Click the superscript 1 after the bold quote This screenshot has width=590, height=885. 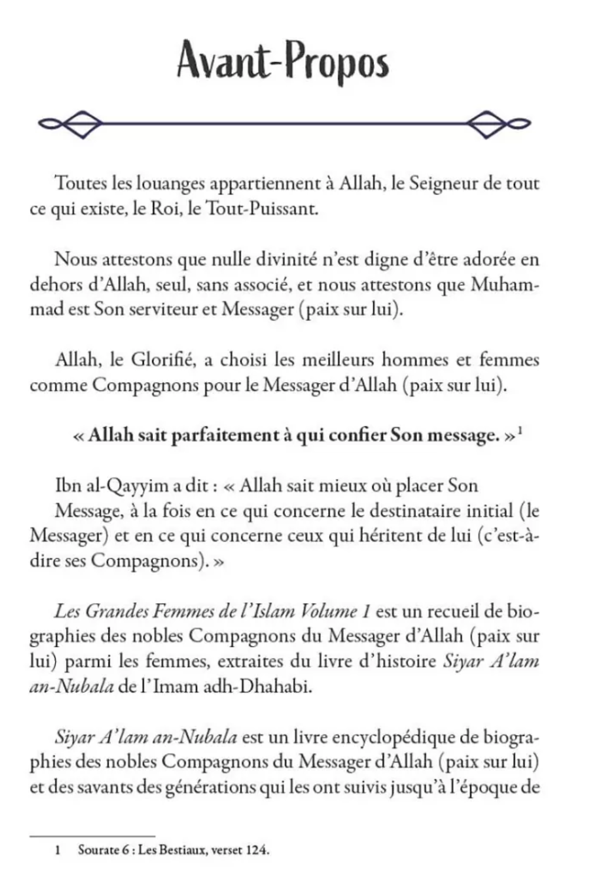522,431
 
